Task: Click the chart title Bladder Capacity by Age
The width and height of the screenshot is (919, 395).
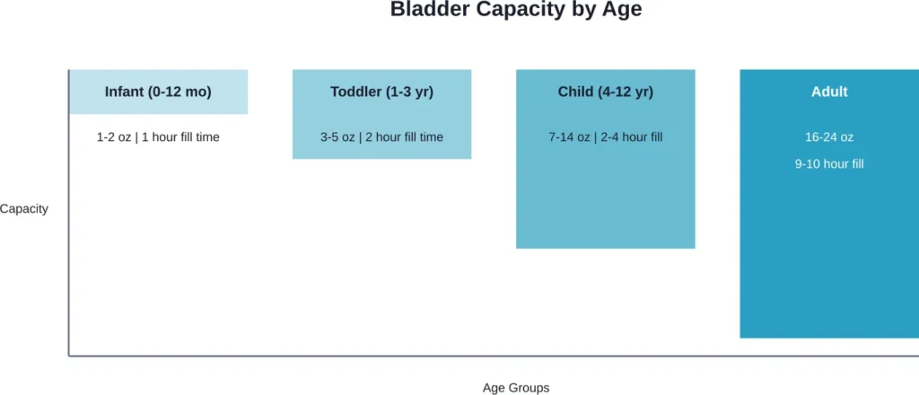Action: [516, 11]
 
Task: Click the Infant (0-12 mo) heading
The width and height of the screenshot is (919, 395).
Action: [158, 92]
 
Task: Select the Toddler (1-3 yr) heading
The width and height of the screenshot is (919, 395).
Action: [381, 92]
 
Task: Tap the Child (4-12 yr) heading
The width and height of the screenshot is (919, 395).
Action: [605, 92]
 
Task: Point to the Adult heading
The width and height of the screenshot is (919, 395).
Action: [828, 92]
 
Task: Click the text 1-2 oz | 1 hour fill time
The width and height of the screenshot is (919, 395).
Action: [158, 137]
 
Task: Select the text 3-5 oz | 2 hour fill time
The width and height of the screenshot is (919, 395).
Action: [381, 137]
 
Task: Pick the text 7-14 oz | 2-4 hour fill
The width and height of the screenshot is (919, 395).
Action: [605, 137]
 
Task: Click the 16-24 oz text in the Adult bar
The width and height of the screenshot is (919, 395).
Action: [828, 137]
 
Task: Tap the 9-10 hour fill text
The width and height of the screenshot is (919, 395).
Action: [828, 164]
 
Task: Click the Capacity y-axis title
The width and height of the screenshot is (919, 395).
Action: [24, 209]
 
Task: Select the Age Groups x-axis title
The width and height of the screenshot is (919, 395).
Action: [515, 388]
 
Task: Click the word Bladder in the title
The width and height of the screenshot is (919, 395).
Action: [424, 11]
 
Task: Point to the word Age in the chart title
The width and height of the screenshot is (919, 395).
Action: [623, 11]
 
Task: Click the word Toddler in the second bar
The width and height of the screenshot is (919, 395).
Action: [357, 92]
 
